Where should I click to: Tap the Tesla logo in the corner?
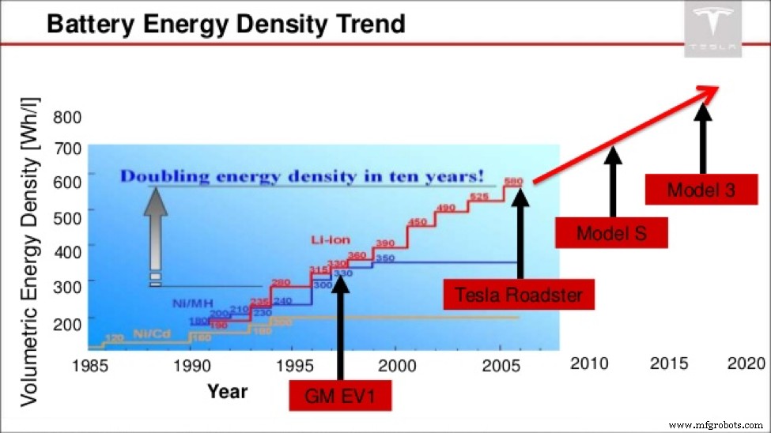tap(713, 29)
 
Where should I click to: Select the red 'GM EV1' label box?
tap(340, 396)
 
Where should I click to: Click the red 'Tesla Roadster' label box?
tap(519, 296)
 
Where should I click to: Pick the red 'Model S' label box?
tap(611, 233)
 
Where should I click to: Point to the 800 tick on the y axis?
tap(67, 119)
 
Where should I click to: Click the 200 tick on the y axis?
tap(67, 318)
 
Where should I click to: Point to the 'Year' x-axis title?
tap(227, 391)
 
